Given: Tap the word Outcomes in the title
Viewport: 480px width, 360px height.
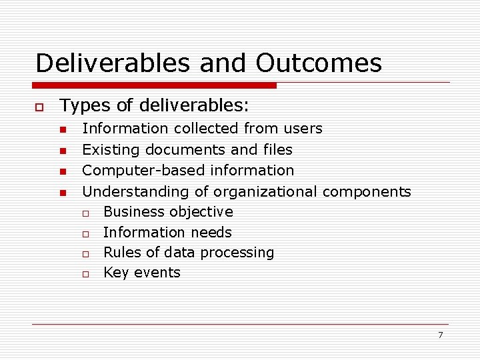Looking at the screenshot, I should [319, 63].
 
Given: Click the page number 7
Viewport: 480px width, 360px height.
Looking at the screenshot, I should [440, 335].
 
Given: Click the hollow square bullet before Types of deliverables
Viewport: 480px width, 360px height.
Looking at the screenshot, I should [39, 107].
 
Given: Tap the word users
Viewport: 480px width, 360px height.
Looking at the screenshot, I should [303, 128].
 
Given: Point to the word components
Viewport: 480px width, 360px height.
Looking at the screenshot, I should [367, 192].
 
